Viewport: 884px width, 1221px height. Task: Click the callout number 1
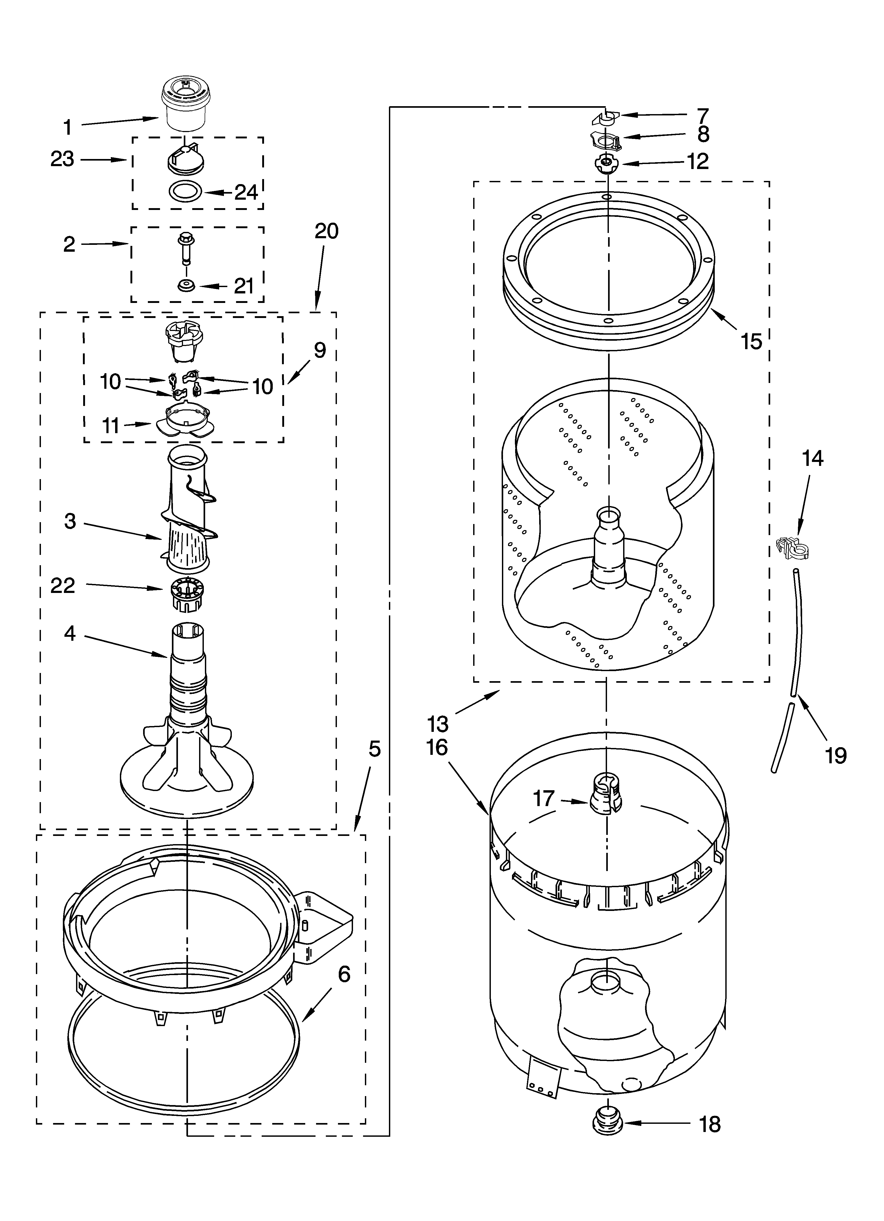[x=67, y=128]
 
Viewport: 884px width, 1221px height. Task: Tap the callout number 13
[x=439, y=724]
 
